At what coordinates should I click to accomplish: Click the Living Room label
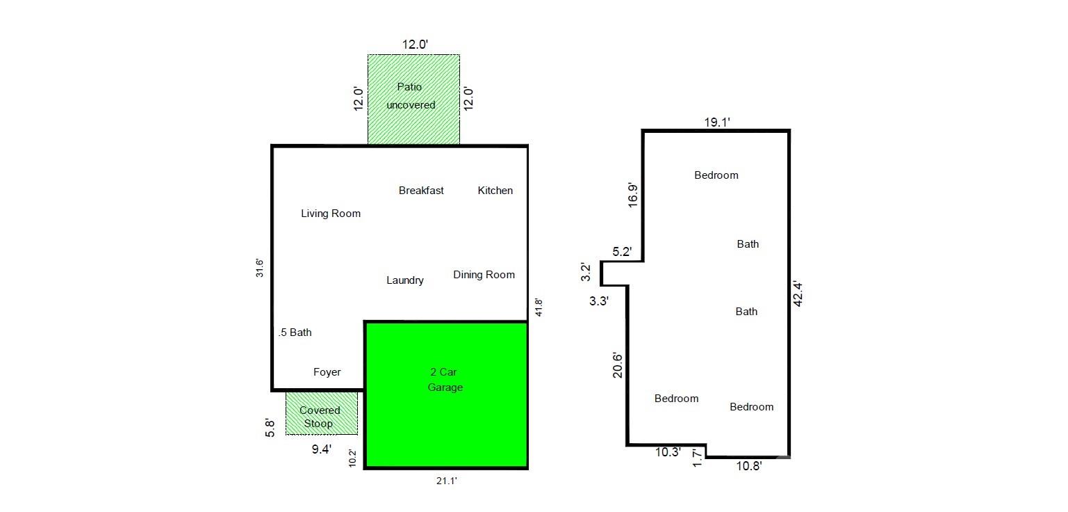point(331,214)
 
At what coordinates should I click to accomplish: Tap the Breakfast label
point(421,191)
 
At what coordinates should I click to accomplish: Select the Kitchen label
point(495,191)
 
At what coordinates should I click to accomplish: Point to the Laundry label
point(405,280)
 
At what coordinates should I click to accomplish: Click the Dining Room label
point(484,275)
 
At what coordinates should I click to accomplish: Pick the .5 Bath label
point(295,333)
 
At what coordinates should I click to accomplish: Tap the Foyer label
point(327,372)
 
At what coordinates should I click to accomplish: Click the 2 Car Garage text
point(445,380)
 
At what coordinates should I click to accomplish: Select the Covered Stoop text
point(320,417)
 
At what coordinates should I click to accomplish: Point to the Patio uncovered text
point(411,96)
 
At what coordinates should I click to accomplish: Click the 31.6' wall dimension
point(259,269)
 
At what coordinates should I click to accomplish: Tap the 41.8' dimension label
point(538,308)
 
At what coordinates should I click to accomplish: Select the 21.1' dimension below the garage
point(445,480)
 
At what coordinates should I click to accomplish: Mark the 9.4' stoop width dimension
point(321,449)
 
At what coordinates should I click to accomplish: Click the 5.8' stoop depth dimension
point(271,426)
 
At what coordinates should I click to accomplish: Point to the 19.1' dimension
point(717,123)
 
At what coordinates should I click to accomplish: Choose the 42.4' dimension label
point(798,294)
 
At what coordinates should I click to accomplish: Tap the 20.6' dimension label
point(618,365)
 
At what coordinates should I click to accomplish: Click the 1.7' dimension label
point(698,458)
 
